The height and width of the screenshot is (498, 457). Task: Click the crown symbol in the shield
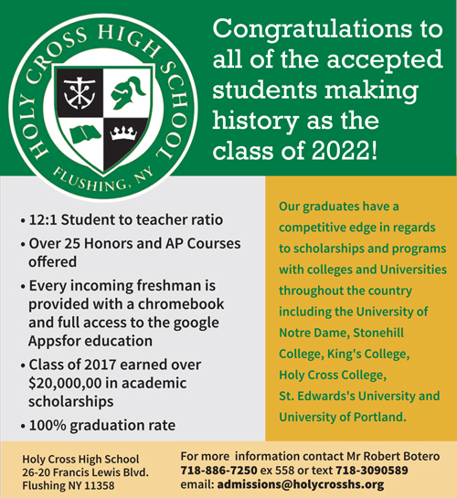click(122, 134)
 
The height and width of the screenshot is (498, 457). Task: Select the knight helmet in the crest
click(125, 94)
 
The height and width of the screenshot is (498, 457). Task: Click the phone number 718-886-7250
click(218, 470)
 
